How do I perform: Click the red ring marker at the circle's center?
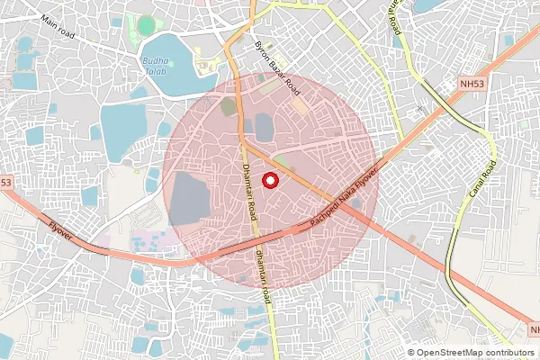(269, 180)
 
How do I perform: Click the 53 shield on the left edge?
(5, 182)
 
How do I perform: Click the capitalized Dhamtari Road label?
(249, 188)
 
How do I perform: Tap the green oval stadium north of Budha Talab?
(146, 26)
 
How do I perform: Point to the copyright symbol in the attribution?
(411, 353)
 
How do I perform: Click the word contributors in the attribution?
(510, 353)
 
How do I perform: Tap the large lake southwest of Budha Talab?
(121, 131)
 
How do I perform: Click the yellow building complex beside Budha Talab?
(205, 66)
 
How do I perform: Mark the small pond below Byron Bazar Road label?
(265, 126)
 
